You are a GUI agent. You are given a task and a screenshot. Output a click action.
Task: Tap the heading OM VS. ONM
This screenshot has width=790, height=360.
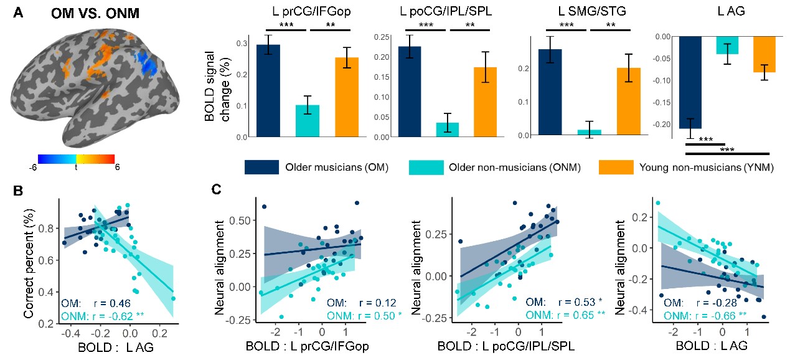(95, 13)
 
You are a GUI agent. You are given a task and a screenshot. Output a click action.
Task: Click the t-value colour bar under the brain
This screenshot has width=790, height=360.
(76, 159)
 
